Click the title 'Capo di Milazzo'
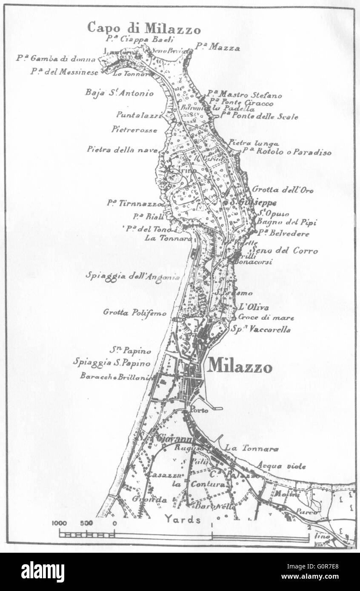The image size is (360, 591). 144,28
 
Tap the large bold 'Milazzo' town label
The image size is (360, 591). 240,366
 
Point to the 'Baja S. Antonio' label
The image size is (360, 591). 120,93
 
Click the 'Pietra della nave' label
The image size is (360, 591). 122,149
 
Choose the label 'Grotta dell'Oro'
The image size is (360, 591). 283,190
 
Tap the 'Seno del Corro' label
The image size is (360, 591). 285,251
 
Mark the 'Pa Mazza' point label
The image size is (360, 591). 217,47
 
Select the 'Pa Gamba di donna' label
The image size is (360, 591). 56,59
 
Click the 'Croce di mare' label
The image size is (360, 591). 266,317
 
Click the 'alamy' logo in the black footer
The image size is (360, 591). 43,572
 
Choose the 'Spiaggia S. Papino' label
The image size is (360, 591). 112,363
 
